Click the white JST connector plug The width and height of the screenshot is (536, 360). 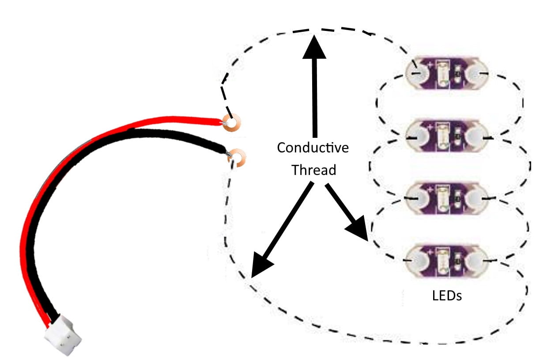[x=63, y=333]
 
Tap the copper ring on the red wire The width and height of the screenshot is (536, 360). [x=231, y=123]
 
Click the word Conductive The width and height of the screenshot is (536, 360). [x=313, y=148]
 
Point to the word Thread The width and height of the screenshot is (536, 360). [x=313, y=170]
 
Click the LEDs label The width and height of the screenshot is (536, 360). [x=447, y=295]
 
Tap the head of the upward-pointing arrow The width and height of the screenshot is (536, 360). [x=314, y=46]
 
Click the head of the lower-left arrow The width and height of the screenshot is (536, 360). [x=260, y=265]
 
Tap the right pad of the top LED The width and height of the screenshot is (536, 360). [x=476, y=72]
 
